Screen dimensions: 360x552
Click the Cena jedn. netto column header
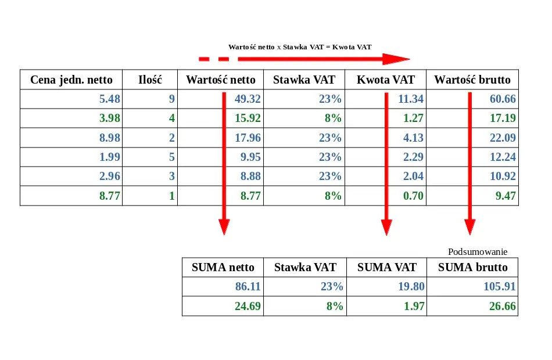pyautogui.click(x=71, y=80)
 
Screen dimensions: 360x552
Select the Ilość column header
pyautogui.click(x=150, y=80)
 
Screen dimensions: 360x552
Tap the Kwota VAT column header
pyautogui.click(x=386, y=80)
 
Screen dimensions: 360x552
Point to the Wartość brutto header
pyautogui.click(x=472, y=80)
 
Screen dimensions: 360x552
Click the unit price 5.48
pyautogui.click(x=110, y=99)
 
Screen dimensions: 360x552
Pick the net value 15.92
pyautogui.click(x=248, y=118)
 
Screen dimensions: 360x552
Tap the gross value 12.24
pyautogui.click(x=503, y=157)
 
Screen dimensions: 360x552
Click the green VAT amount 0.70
pyautogui.click(x=413, y=196)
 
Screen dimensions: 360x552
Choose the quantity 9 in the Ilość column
pyautogui.click(x=171, y=99)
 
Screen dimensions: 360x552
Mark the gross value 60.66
pyautogui.click(x=503, y=99)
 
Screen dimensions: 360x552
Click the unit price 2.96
pyautogui.click(x=110, y=177)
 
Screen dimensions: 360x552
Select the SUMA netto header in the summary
pyautogui.click(x=223, y=268)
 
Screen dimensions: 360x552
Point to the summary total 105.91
pyautogui.click(x=500, y=287)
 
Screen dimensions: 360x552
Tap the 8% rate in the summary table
pyautogui.click(x=333, y=307)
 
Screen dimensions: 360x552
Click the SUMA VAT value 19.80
pyautogui.click(x=411, y=287)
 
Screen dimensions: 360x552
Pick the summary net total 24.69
pyautogui.click(x=248, y=307)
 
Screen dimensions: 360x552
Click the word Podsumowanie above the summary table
pyautogui.click(x=478, y=252)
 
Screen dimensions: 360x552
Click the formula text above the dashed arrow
pyautogui.click(x=299, y=46)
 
